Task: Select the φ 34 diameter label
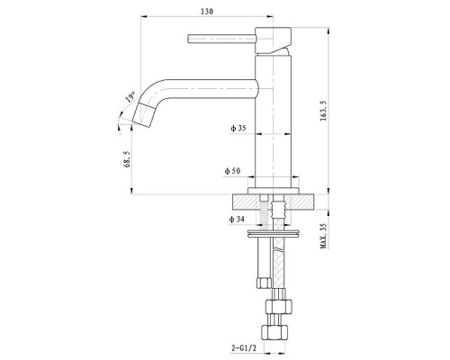pyautogui.click(x=238, y=219)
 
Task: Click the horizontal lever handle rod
pyautogui.click(x=220, y=38)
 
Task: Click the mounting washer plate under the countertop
pyautogui.click(x=273, y=236)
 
